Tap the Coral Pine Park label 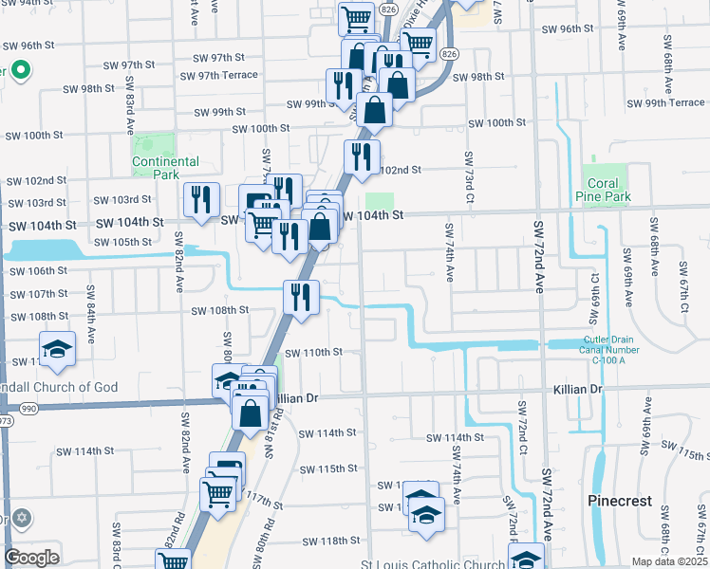coord(604,191)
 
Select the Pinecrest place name coord(619,500)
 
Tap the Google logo coord(31,558)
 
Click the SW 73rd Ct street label coord(469,177)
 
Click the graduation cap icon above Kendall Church coord(58,348)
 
